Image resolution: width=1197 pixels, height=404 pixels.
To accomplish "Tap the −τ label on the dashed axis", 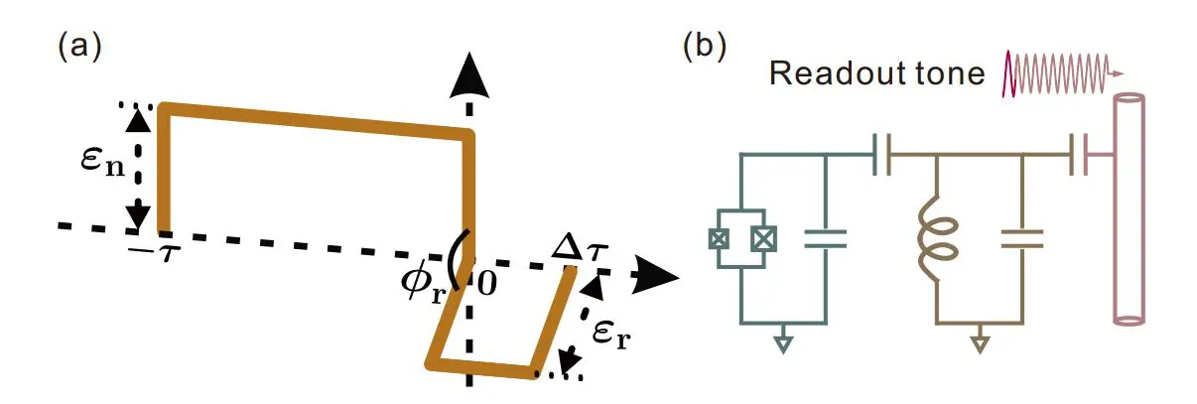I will coord(157,247).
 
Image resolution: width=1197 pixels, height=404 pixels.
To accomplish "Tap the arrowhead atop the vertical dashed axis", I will coord(469,76).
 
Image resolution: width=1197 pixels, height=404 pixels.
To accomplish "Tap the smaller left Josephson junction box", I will coord(714,239).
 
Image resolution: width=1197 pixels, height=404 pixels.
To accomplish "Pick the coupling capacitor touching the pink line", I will coord(1079,157).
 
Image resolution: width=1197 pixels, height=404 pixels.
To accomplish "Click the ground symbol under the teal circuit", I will coord(783,344).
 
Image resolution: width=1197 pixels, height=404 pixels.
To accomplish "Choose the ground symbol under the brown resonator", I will coord(980,344).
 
